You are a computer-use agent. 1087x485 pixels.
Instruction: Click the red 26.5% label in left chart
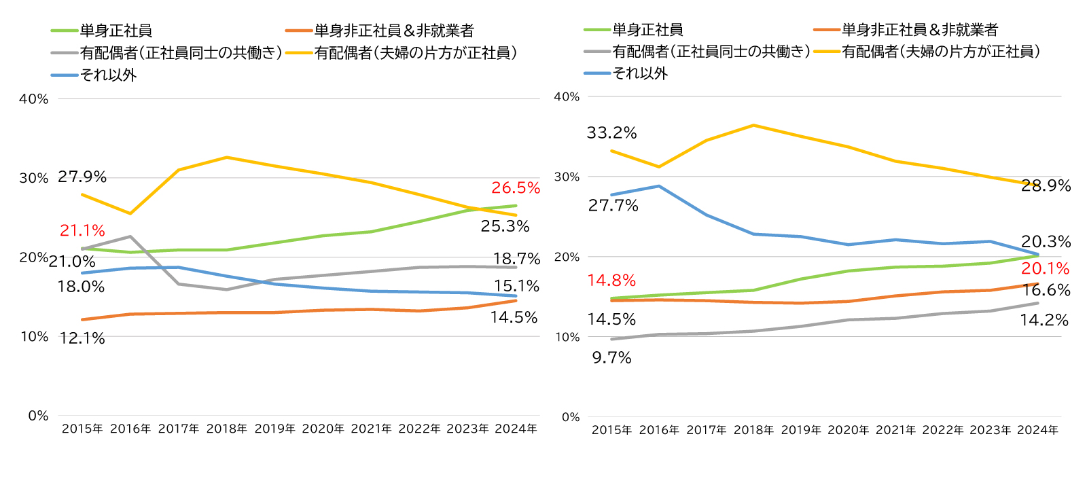[x=516, y=188]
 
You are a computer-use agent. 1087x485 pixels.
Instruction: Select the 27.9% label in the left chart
[x=82, y=177]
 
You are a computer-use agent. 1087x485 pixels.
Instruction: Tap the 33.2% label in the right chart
[x=611, y=133]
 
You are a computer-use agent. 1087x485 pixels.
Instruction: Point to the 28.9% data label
[x=1046, y=186]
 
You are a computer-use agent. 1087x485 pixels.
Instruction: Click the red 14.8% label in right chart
[x=611, y=281]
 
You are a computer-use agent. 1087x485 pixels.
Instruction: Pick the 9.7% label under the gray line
[x=611, y=358]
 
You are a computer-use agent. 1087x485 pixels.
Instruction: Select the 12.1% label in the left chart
[x=82, y=338]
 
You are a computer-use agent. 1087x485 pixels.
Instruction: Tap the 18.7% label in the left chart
[x=516, y=259]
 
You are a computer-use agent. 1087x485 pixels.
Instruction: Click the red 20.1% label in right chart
[x=1045, y=269]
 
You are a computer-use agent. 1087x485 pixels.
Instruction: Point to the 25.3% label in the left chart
[x=505, y=226]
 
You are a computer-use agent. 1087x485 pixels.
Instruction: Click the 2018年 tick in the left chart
[x=226, y=429]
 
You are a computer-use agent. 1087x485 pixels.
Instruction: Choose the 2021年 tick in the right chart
[x=895, y=430]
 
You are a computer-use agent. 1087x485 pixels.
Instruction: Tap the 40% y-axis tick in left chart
[x=34, y=99]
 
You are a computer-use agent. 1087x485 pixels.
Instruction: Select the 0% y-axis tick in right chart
[x=571, y=417]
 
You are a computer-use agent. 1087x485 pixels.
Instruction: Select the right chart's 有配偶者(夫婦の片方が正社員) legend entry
[x=941, y=52]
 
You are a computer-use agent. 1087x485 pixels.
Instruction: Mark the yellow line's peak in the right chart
[x=753, y=125]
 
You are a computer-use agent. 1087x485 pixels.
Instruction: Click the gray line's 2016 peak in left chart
[x=130, y=236]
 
